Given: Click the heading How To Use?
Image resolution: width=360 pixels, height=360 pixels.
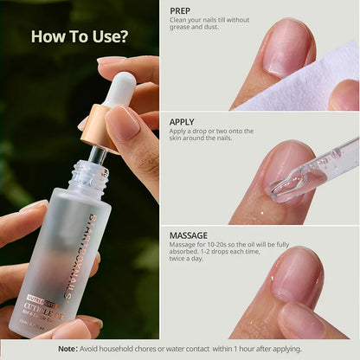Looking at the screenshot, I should pyautogui.click(x=80, y=36).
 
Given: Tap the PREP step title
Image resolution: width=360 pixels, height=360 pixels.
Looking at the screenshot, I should pyautogui.click(x=181, y=11).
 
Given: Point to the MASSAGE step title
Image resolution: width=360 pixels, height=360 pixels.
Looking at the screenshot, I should pyautogui.click(x=189, y=235).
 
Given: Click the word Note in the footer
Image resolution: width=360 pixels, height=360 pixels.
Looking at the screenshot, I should pyautogui.click(x=67, y=349).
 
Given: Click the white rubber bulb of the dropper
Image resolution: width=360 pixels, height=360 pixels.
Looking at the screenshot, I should pyautogui.click(x=122, y=88).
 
